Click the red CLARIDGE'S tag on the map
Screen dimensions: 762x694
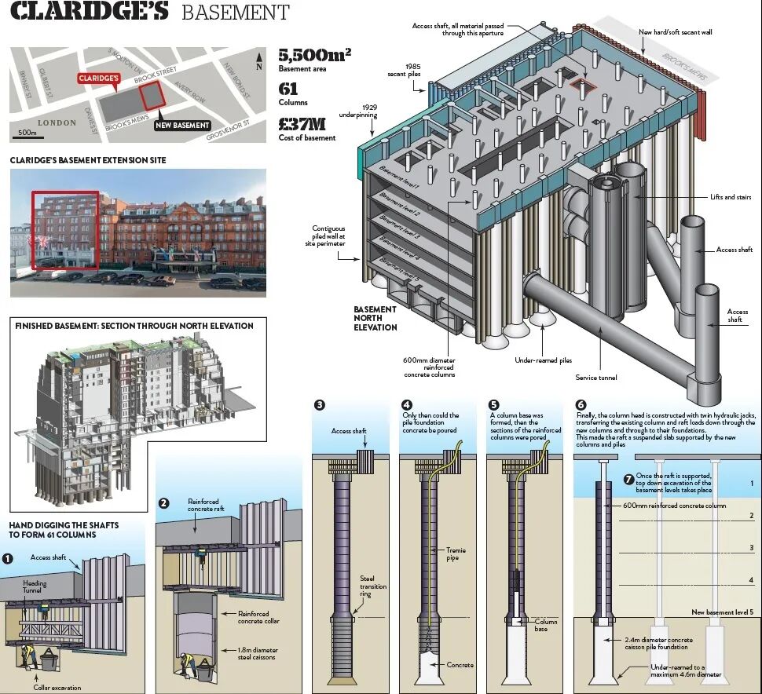[98, 79]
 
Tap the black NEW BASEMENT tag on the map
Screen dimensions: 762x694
[183, 125]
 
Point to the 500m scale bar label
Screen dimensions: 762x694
[27, 132]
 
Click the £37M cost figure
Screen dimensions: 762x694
[302, 123]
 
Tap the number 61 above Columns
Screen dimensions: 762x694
[288, 89]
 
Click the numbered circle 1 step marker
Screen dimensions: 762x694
[7, 558]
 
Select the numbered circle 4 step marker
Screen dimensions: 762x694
[407, 405]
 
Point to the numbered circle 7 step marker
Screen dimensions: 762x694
[628, 479]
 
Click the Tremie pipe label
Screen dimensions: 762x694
[456, 554]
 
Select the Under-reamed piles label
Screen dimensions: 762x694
[543, 360]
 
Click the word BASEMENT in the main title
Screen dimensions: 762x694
[235, 13]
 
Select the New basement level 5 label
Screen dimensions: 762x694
[723, 612]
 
